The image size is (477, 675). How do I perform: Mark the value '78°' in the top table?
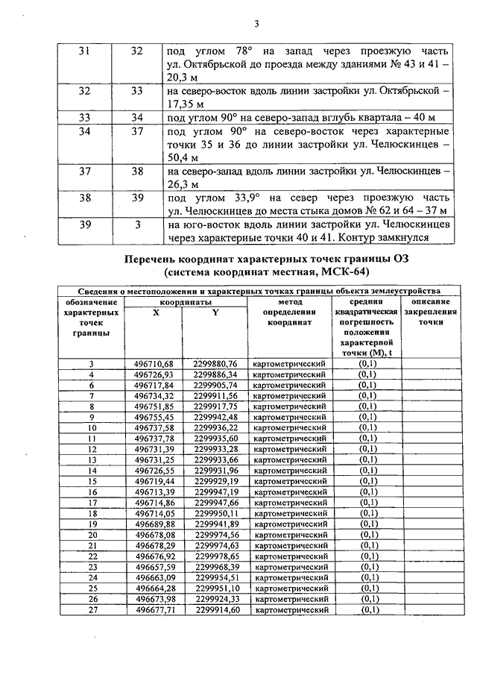point(235,51)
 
